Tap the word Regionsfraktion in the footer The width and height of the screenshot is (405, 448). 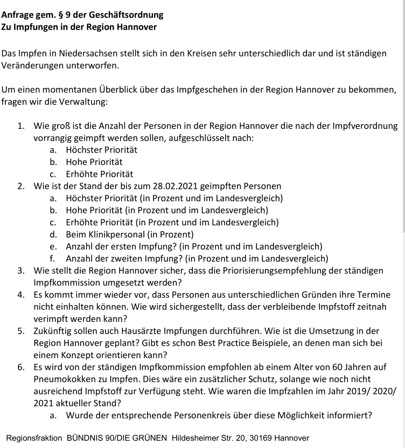point(34,438)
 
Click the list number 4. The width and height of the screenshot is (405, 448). point(20,295)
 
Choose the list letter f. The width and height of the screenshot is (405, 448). point(52,258)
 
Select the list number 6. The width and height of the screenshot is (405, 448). point(20,367)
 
